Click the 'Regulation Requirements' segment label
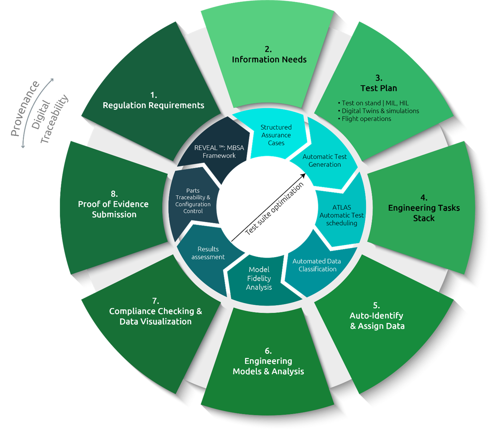click(153, 105)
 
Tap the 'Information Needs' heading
click(269, 60)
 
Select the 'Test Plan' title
click(378, 88)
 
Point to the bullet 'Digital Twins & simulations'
click(380, 111)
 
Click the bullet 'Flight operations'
click(366, 119)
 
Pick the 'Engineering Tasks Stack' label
click(424, 213)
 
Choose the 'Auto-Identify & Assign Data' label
click(377, 321)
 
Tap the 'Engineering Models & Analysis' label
click(268, 366)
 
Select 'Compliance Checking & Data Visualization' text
click(155, 316)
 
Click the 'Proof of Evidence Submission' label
click(113, 209)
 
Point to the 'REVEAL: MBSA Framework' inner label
click(219, 152)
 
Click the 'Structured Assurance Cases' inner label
click(276, 135)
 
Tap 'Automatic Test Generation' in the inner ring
click(325, 161)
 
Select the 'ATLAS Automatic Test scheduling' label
click(342, 215)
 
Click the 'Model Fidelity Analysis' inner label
click(259, 278)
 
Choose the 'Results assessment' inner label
click(208, 253)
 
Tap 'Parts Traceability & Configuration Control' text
click(193, 201)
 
